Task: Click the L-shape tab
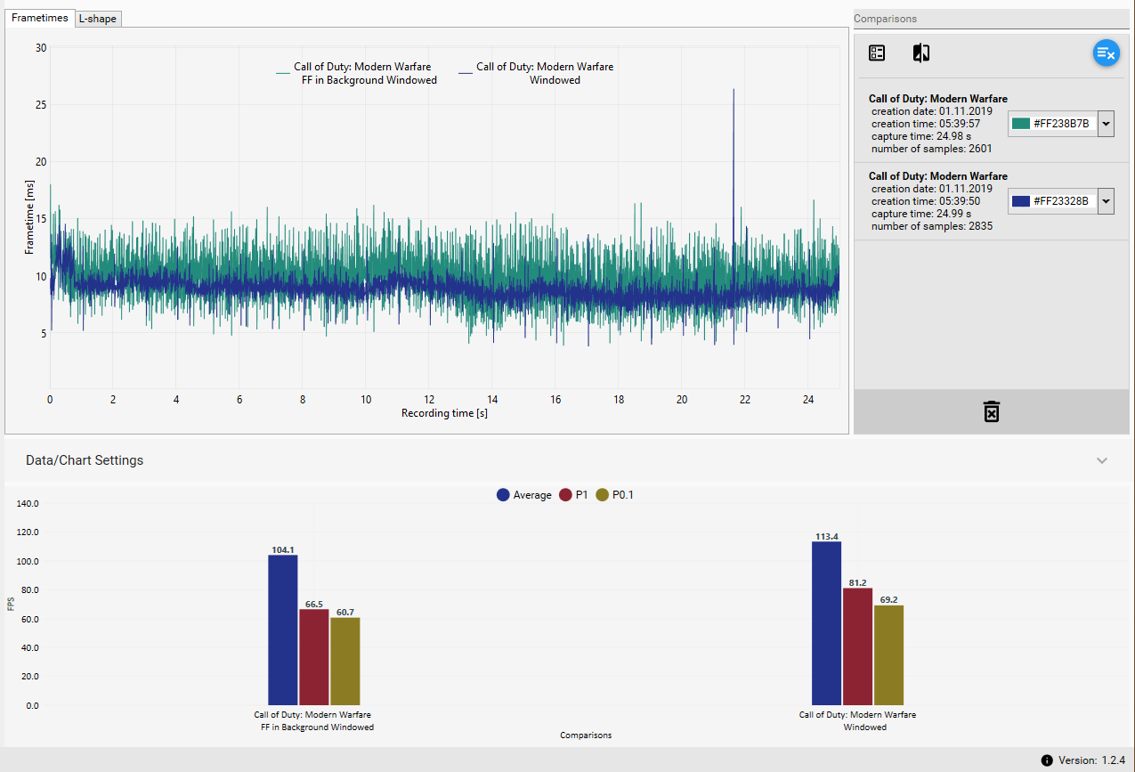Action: [x=98, y=19]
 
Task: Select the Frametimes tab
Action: [x=40, y=18]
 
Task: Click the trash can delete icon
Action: [x=992, y=411]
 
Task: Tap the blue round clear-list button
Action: [x=1106, y=53]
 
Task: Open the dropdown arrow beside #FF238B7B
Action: [x=1107, y=124]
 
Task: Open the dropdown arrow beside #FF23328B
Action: [x=1107, y=201]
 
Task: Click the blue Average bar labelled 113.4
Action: [x=826, y=623]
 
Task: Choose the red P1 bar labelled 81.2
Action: [x=858, y=646]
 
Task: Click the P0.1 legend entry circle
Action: [x=603, y=495]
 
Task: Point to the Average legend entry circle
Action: [x=504, y=495]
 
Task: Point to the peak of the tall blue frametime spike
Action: [x=734, y=90]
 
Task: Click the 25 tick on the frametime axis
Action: [x=40, y=105]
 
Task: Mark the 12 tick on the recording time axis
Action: [x=429, y=400]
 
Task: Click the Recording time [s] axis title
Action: [x=444, y=413]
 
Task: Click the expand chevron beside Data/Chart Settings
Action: [x=1102, y=461]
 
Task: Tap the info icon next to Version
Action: [x=1047, y=760]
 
